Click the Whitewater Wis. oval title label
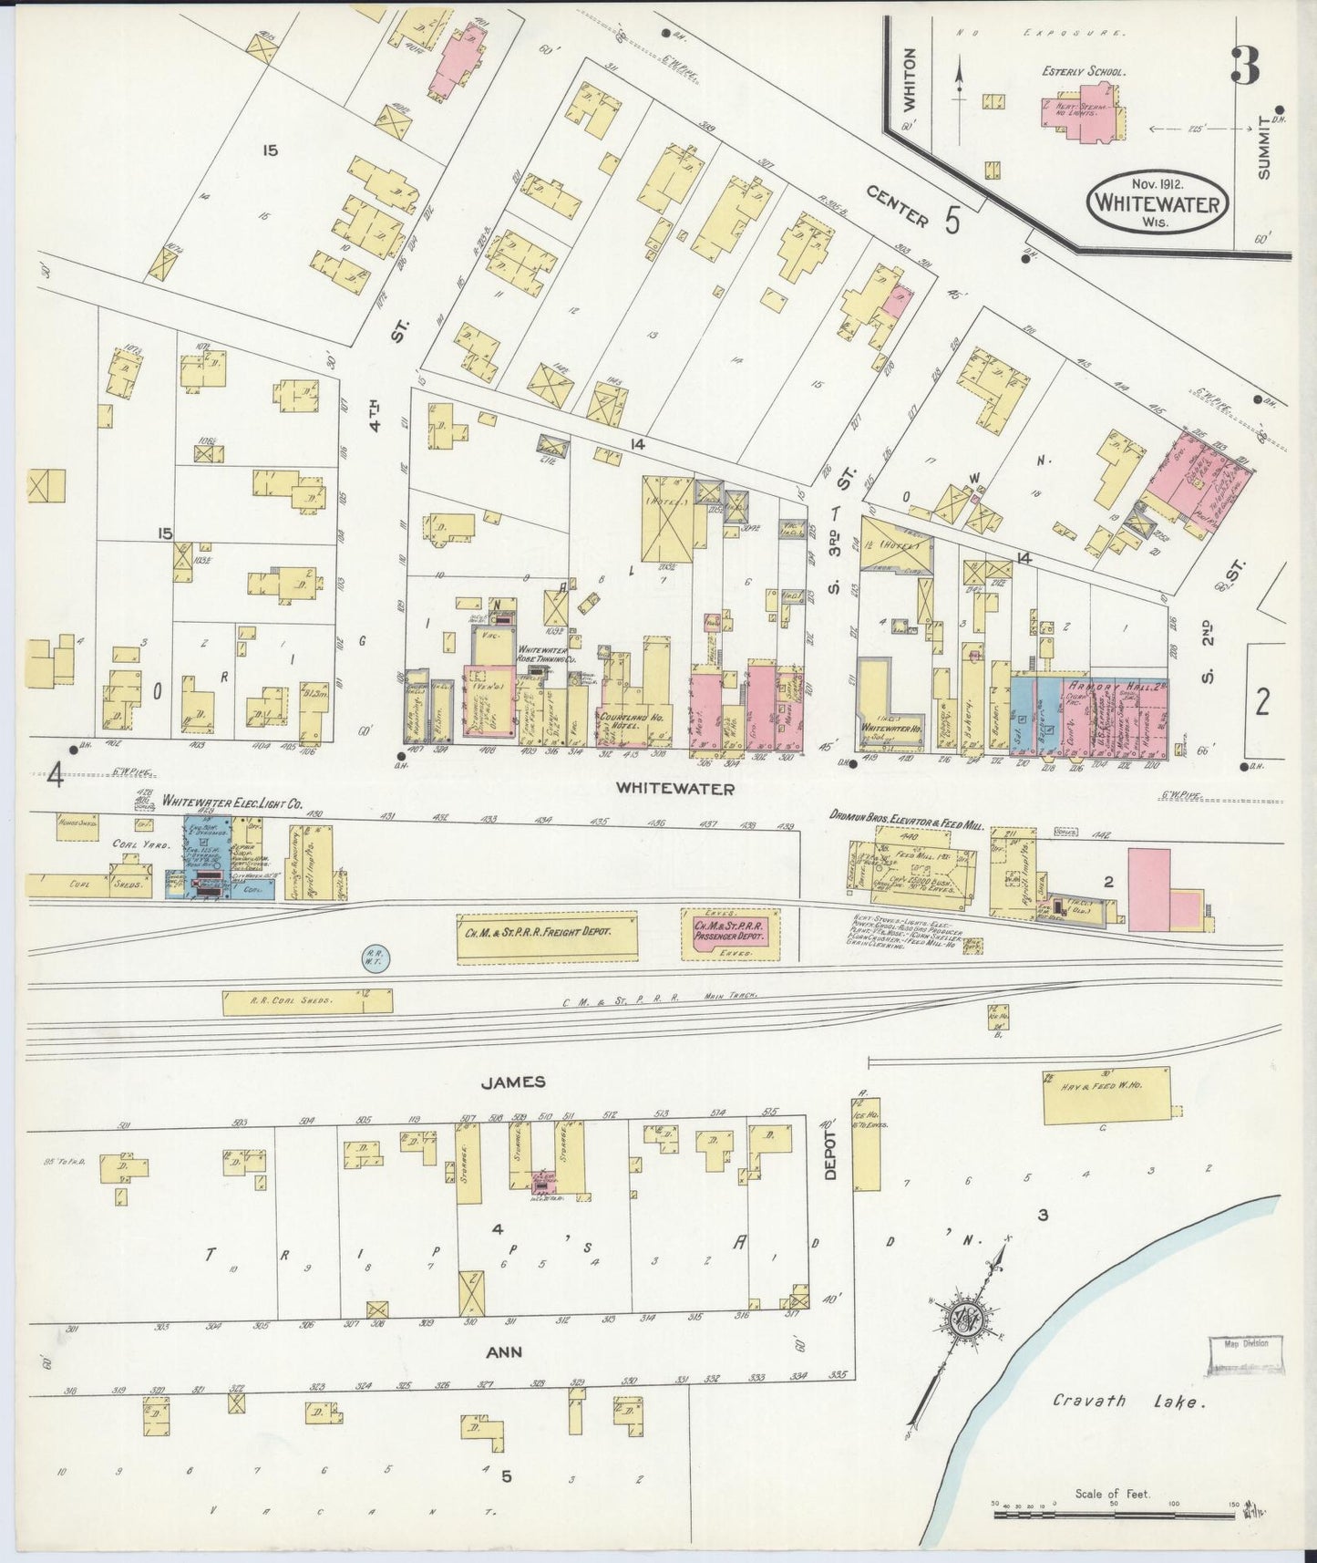pyautogui.click(x=1157, y=199)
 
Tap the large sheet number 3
pyautogui.click(x=1245, y=66)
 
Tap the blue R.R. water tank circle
pyautogui.click(x=377, y=956)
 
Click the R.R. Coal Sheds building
pyautogui.click(x=307, y=1001)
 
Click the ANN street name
pyautogui.click(x=503, y=1351)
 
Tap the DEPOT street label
pyautogui.click(x=829, y=1157)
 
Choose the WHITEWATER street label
pyautogui.click(x=674, y=788)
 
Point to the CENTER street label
pyautogui.click(x=897, y=206)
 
